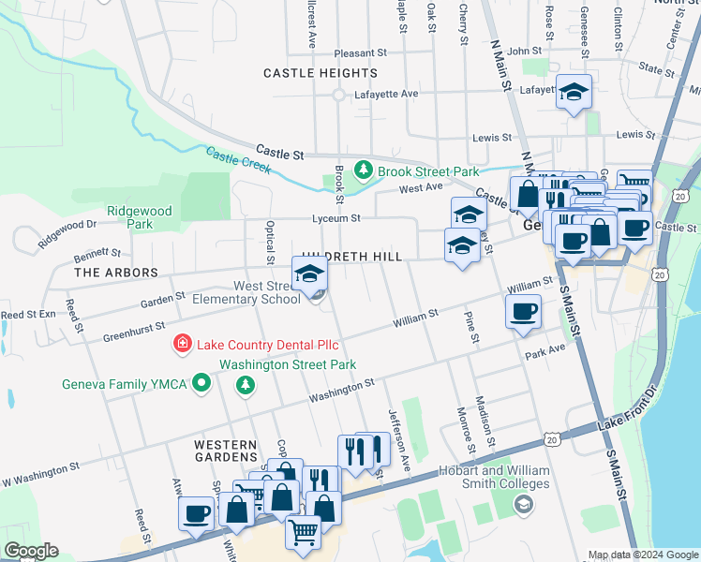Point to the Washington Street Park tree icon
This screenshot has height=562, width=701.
point(246,384)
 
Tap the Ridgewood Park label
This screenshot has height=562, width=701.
point(140,218)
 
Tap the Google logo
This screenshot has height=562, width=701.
point(31,551)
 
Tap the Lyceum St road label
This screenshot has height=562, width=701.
point(336,218)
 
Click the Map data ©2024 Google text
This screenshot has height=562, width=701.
point(642,555)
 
